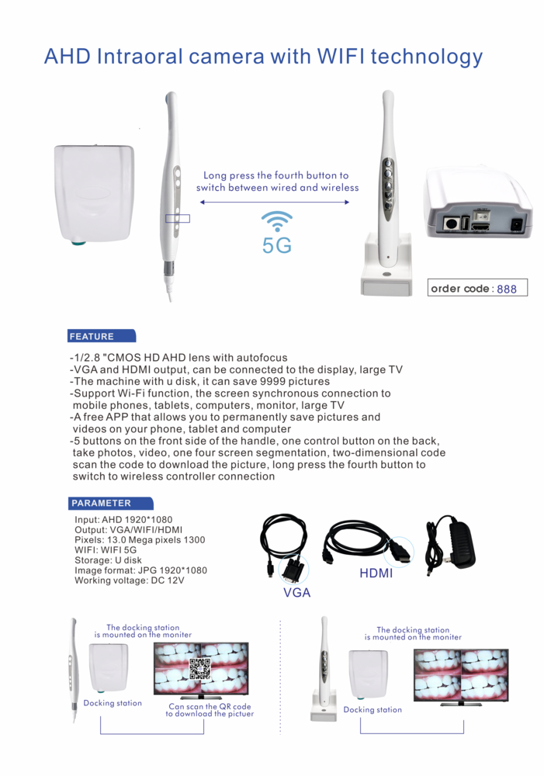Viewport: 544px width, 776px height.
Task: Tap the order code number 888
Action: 506,289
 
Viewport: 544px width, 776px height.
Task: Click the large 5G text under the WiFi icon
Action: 277,246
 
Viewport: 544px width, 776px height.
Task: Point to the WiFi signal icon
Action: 277,220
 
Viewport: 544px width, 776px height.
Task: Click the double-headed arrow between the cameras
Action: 275,202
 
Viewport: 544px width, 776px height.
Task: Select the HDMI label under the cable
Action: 376,574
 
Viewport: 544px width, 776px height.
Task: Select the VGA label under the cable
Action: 296,593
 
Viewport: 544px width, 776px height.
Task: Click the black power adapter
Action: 453,543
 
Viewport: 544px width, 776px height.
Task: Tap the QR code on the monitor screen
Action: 200,667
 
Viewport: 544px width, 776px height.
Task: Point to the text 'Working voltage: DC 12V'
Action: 130,580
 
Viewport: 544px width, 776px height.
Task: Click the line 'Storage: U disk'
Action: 108,560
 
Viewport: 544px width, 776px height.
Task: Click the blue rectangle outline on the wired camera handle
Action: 177,217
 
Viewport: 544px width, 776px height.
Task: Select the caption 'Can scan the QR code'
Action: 210,706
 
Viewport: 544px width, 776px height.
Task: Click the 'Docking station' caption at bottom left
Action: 113,703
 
